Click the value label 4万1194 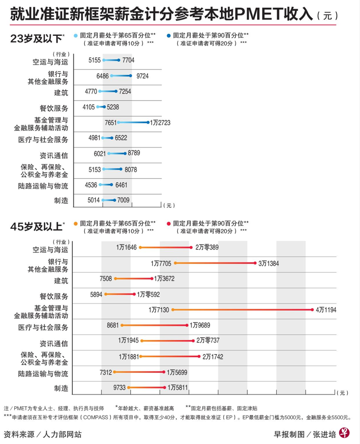pos(326,310)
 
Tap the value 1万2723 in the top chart pos(160,123)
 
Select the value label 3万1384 pos(268,263)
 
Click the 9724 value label pos(143,76)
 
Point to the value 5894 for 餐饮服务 pos(96,295)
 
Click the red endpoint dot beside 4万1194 pos(312,310)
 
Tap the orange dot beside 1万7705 pos(175,263)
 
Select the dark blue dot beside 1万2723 pos(148,123)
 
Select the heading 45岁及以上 pos(36,226)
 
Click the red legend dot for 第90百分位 pos(168,222)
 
